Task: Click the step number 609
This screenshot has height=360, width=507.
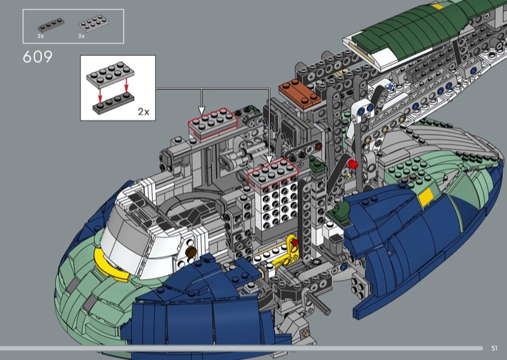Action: point(37,57)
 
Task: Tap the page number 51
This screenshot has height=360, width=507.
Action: point(494,348)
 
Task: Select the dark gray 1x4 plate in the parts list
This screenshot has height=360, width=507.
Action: point(51,25)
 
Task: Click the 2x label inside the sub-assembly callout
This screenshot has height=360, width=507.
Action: point(144,112)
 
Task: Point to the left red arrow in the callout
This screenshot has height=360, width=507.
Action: point(100,93)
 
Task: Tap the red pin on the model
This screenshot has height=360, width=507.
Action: point(352,164)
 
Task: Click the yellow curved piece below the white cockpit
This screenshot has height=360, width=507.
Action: point(110,264)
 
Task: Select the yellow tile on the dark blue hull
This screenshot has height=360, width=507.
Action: point(425,196)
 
